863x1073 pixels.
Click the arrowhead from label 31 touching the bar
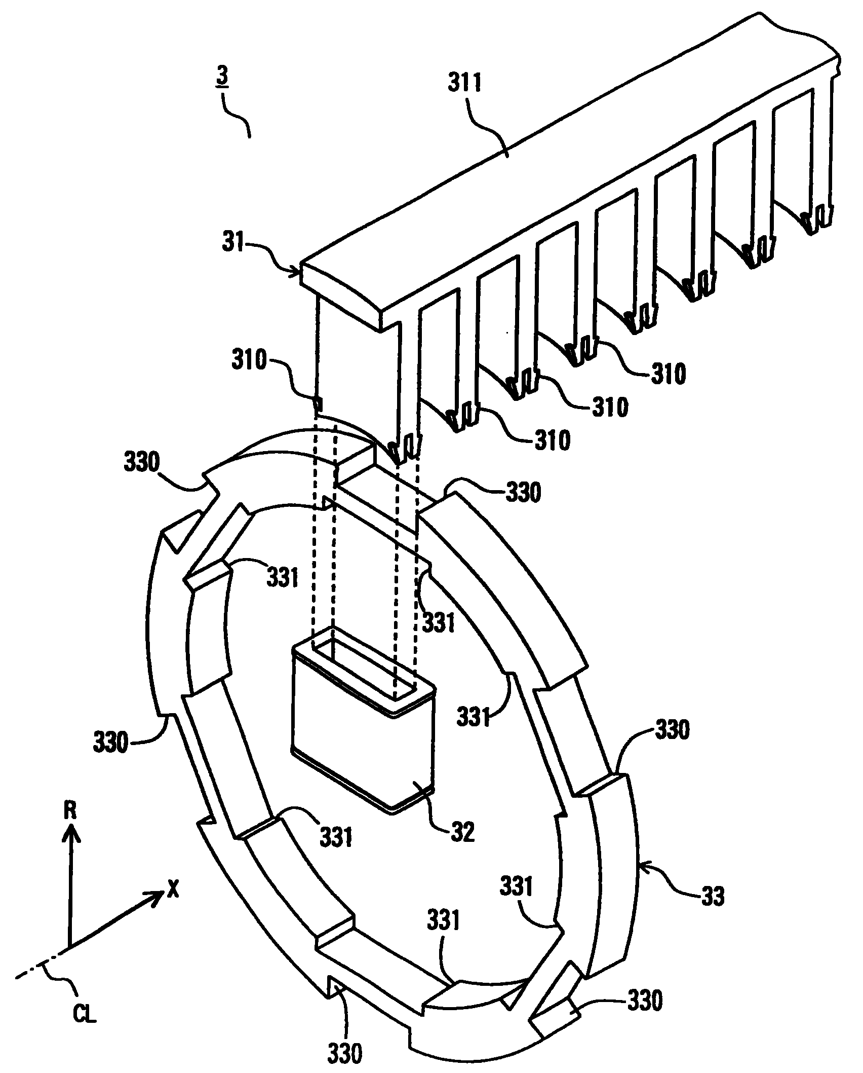(x=297, y=274)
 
